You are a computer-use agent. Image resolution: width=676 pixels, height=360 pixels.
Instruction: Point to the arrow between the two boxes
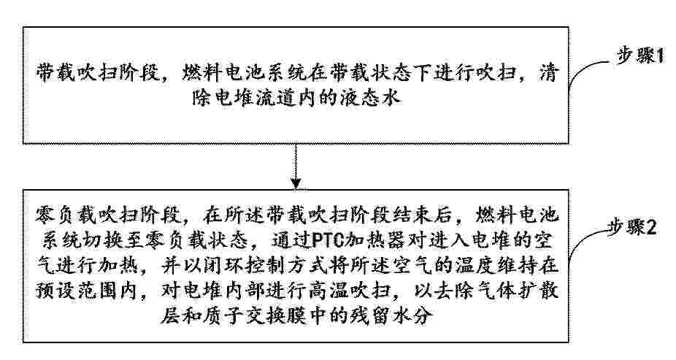pyautogui.click(x=296, y=166)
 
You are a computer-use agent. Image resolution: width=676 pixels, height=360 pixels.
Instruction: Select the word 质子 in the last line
pyautogui.click(x=229, y=316)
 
